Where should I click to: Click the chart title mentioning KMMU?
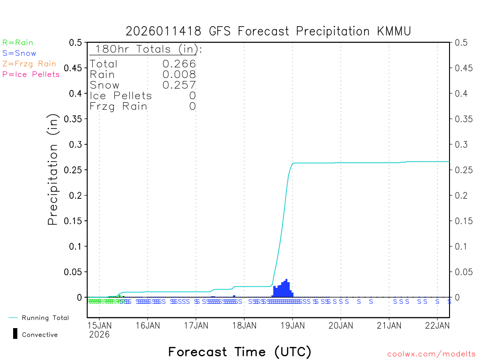[x=268, y=31]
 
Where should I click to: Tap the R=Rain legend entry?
[x=18, y=43]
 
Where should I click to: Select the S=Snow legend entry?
[x=19, y=53]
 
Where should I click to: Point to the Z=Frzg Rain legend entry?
[x=29, y=64]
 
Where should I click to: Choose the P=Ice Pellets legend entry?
[x=31, y=74]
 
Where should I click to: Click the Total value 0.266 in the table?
[x=179, y=64]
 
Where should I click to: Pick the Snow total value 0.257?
[x=179, y=85]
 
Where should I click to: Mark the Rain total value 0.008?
[x=179, y=75]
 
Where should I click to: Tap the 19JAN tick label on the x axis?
[x=292, y=325]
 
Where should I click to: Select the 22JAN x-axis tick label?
[x=437, y=325]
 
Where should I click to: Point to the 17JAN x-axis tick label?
[x=196, y=325]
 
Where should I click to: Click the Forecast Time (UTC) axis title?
[x=240, y=352]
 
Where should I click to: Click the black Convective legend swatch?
[x=15, y=333]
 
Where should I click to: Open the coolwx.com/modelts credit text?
[x=431, y=354]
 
